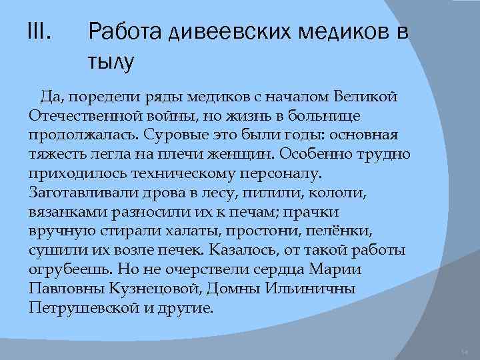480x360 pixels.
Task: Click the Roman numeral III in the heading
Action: pyautogui.click(x=41, y=31)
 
